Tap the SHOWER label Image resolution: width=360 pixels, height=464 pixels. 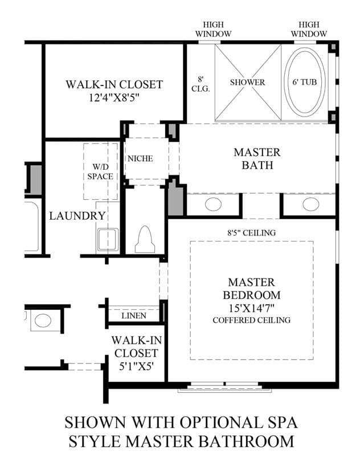247,82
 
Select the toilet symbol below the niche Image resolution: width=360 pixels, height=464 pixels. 145,239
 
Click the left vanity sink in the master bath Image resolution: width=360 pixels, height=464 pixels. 213,204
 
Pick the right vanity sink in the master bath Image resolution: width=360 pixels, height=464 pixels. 311,204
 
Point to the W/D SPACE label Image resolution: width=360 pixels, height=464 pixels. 100,171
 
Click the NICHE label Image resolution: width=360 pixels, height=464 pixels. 140,159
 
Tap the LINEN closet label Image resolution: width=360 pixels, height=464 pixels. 134,316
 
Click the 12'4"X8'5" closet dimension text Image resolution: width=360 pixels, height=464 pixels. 114,98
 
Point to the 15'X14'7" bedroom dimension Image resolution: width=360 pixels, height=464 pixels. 252,309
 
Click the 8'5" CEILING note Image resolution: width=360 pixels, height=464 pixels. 251,233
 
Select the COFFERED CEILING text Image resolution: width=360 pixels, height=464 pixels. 252,320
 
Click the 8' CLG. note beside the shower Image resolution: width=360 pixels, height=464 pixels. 201,84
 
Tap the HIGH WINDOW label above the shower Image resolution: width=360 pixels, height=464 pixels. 213,29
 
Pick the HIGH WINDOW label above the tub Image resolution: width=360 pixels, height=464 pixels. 309,29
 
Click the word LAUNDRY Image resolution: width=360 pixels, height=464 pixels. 77,216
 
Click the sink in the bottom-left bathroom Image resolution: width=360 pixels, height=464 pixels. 43,321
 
